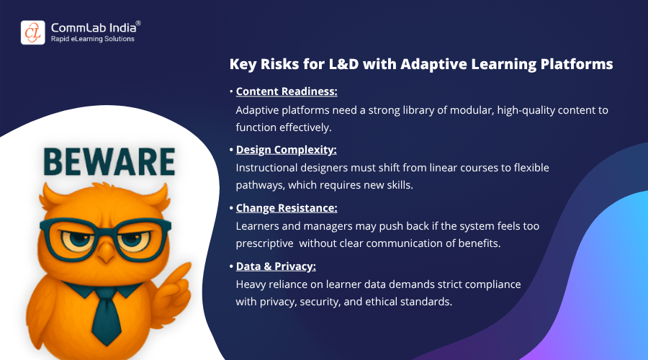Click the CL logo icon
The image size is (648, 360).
coord(33,32)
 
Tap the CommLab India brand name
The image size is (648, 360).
coord(94,27)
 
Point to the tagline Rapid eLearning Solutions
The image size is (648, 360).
coord(93,39)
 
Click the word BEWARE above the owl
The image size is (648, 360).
coord(109,161)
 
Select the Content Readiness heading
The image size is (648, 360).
coord(287,91)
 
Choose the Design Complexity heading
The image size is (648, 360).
coord(286,150)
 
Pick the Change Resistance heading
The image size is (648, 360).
coord(287,208)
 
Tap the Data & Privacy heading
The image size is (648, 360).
coord(276,266)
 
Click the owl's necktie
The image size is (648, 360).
coord(107,316)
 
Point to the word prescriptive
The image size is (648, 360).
coord(264,243)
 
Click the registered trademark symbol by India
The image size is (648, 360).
coord(138,23)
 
